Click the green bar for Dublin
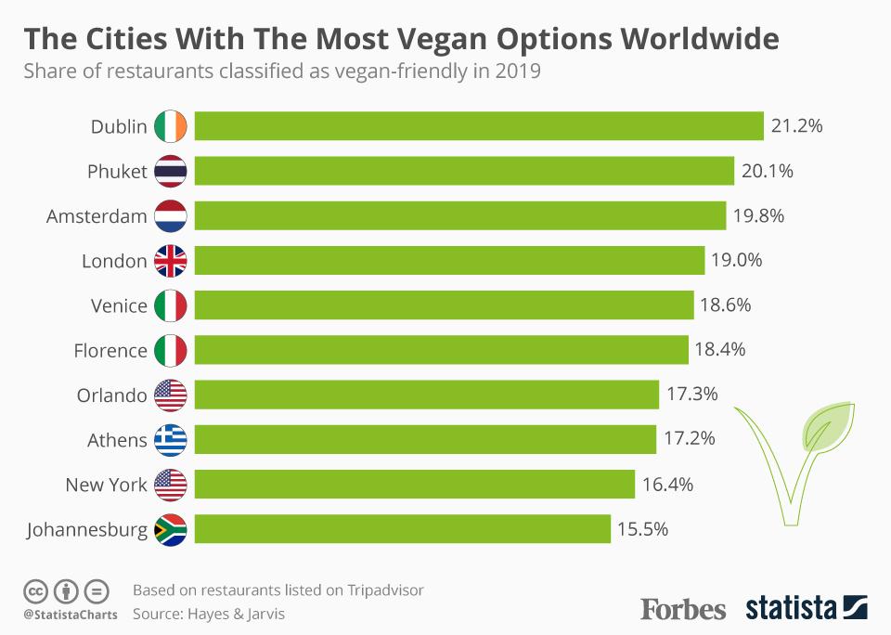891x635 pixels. tap(479, 126)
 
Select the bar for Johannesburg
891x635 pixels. tap(403, 529)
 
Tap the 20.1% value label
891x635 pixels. tap(768, 171)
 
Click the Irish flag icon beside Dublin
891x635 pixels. tap(171, 126)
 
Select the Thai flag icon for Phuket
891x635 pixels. tap(171, 171)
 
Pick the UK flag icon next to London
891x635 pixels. tap(171, 261)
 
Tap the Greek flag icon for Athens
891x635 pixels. tap(171, 439)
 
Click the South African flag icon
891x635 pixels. tap(171, 529)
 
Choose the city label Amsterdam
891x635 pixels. tap(97, 216)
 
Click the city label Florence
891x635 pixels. tap(110, 350)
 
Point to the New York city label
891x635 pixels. tap(106, 485)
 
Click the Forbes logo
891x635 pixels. tap(683, 609)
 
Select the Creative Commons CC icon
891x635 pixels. tap(35, 590)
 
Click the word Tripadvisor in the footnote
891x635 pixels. tap(386, 590)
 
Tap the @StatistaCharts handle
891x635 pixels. tap(71, 615)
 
